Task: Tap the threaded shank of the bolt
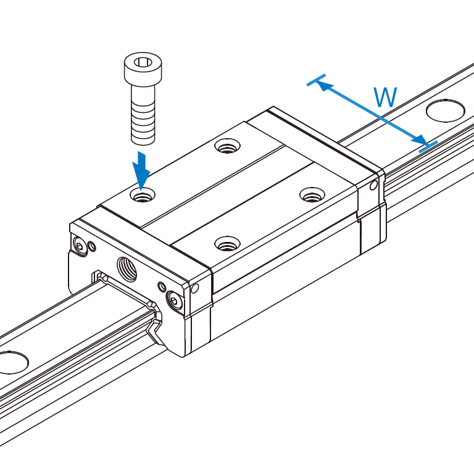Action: tap(143, 117)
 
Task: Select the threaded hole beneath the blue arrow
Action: tap(143, 196)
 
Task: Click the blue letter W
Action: tap(385, 98)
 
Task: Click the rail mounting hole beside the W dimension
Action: tap(445, 110)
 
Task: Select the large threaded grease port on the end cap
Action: tap(128, 267)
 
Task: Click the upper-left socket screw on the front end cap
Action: tap(80, 246)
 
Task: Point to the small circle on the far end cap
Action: tap(373, 185)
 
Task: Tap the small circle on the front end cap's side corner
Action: tap(195, 288)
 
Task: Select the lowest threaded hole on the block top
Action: tap(227, 244)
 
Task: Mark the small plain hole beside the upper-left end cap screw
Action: tap(93, 247)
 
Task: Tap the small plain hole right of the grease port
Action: tap(162, 286)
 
